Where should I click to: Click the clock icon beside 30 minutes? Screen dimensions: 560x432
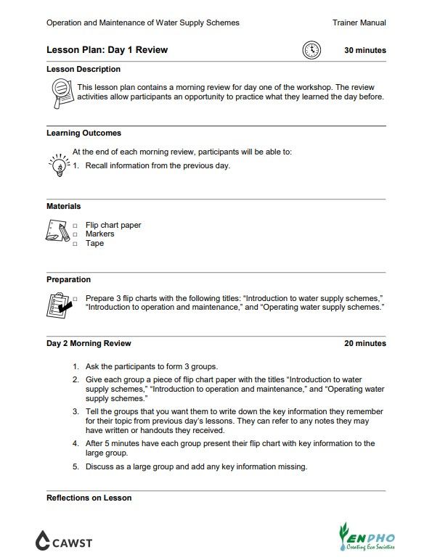(x=311, y=50)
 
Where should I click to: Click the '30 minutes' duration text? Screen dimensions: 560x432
(x=364, y=51)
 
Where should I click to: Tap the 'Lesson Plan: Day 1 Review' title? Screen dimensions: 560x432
(x=107, y=50)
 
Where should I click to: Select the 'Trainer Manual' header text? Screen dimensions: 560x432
(x=359, y=22)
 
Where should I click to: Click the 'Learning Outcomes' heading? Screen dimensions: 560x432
(x=83, y=133)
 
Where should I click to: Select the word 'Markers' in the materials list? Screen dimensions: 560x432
(x=99, y=234)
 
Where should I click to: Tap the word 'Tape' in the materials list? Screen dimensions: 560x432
(x=94, y=243)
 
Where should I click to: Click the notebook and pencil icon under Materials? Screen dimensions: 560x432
(x=57, y=233)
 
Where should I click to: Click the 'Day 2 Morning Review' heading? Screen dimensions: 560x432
(x=89, y=343)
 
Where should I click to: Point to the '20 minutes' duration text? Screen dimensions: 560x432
(x=364, y=343)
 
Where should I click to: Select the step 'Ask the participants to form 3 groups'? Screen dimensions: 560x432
(x=151, y=366)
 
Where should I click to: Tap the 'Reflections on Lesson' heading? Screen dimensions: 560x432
(x=89, y=498)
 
